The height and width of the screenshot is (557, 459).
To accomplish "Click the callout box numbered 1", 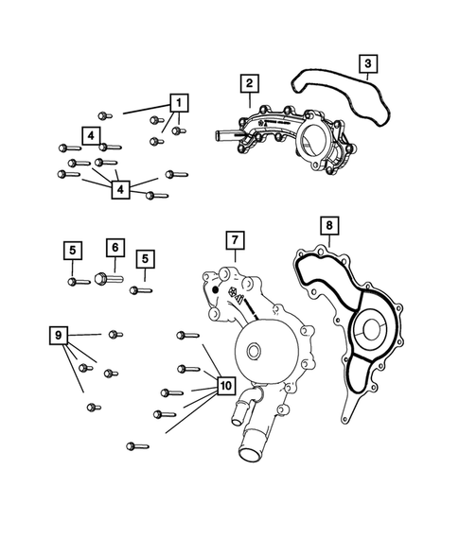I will pyautogui.click(x=178, y=101).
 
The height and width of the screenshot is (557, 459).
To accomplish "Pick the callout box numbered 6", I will pyautogui.click(x=114, y=248).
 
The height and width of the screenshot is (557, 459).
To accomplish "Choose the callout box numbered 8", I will pyautogui.click(x=328, y=226).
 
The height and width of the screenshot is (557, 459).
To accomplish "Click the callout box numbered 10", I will pyautogui.click(x=224, y=386).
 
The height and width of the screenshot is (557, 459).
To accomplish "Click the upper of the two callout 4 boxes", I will pyautogui.click(x=90, y=135).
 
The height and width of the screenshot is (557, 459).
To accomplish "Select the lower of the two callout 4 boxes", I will pyautogui.click(x=120, y=190).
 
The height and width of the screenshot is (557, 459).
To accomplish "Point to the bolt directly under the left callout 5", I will pyautogui.click(x=74, y=281).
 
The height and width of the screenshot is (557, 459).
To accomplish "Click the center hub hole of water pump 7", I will pyautogui.click(x=253, y=353).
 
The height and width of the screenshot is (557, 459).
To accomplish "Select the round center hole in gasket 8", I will pyautogui.click(x=367, y=333).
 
